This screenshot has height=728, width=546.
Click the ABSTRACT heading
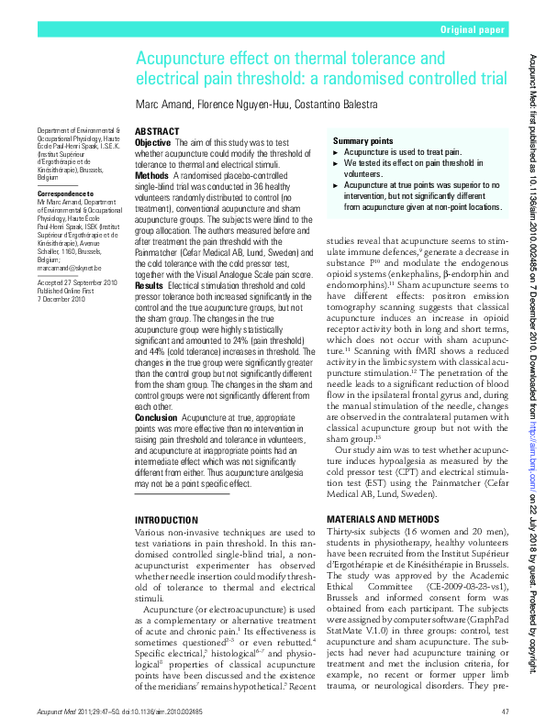[157, 132]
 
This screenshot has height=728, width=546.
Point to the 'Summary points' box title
[363, 140]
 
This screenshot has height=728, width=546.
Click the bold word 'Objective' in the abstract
[152, 144]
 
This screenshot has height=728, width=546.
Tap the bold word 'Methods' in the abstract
[151, 174]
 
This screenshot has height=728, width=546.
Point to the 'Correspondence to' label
[61, 195]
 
